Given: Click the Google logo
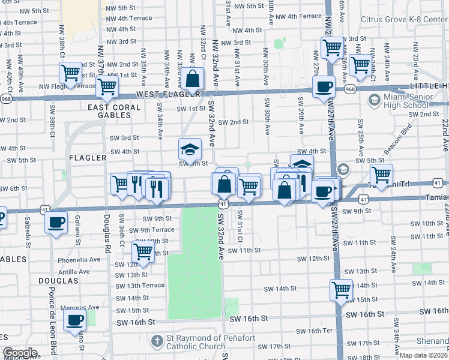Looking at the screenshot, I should coord(20,353).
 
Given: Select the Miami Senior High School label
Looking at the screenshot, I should coord(408,101).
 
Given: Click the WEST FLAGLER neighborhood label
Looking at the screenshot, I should coord(168,95).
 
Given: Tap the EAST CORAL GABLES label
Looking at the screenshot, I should coord(114,112).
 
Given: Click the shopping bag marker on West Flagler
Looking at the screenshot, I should coord(194,79).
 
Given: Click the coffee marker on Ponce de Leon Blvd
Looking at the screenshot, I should coord(56,222).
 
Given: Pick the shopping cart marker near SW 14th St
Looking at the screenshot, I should coord(341,290).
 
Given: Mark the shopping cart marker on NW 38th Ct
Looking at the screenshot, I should coord(71,73).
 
